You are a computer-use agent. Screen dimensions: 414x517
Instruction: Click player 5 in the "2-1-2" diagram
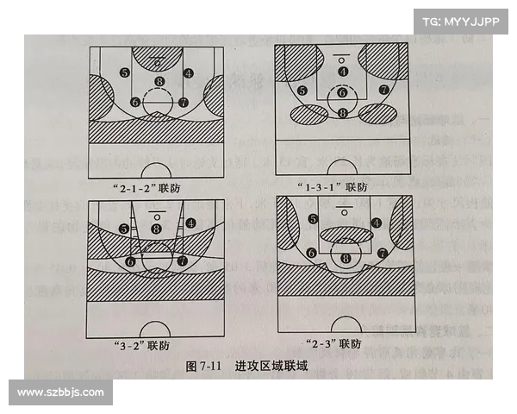tap(125, 72)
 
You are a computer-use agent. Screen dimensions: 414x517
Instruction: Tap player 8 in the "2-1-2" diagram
tap(158, 82)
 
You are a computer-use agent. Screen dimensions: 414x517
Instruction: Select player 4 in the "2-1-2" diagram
tap(189, 72)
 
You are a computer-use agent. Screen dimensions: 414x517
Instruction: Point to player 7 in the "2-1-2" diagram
tap(183, 102)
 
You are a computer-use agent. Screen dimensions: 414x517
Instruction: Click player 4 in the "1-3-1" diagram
tap(344, 72)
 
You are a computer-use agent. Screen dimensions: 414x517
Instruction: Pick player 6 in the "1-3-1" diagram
tap(342, 92)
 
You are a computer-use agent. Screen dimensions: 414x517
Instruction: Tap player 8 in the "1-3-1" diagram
tap(343, 112)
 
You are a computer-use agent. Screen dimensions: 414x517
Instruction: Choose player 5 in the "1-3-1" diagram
tap(302, 90)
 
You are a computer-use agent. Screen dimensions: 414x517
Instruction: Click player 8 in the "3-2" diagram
tap(157, 228)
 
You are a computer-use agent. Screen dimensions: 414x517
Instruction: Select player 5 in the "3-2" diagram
tap(125, 228)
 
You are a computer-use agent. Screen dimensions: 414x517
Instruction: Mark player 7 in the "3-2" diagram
tap(182, 260)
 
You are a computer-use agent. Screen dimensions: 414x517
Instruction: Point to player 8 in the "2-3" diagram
tap(346, 257)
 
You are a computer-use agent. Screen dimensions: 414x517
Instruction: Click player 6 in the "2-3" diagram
tap(310, 252)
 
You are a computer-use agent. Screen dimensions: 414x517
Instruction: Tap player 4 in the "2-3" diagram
tap(377, 222)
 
